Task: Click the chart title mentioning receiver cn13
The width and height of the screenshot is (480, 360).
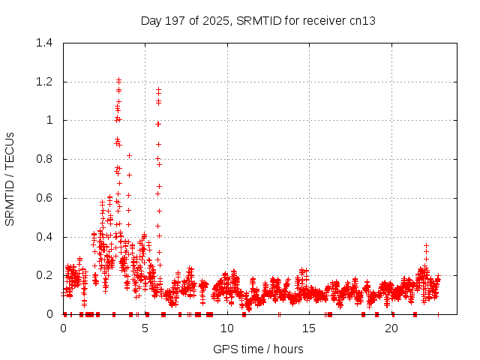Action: point(258,20)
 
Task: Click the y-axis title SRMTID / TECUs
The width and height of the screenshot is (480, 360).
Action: point(10,178)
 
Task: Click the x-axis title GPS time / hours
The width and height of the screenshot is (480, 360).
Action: point(258,349)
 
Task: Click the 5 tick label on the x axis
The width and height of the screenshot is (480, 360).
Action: point(145,328)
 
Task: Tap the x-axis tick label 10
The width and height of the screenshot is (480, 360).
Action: point(227,328)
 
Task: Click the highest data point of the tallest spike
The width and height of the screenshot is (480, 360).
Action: point(118,79)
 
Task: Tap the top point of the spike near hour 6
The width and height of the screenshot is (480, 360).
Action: point(158,89)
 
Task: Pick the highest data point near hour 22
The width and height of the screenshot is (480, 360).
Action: point(426,244)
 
